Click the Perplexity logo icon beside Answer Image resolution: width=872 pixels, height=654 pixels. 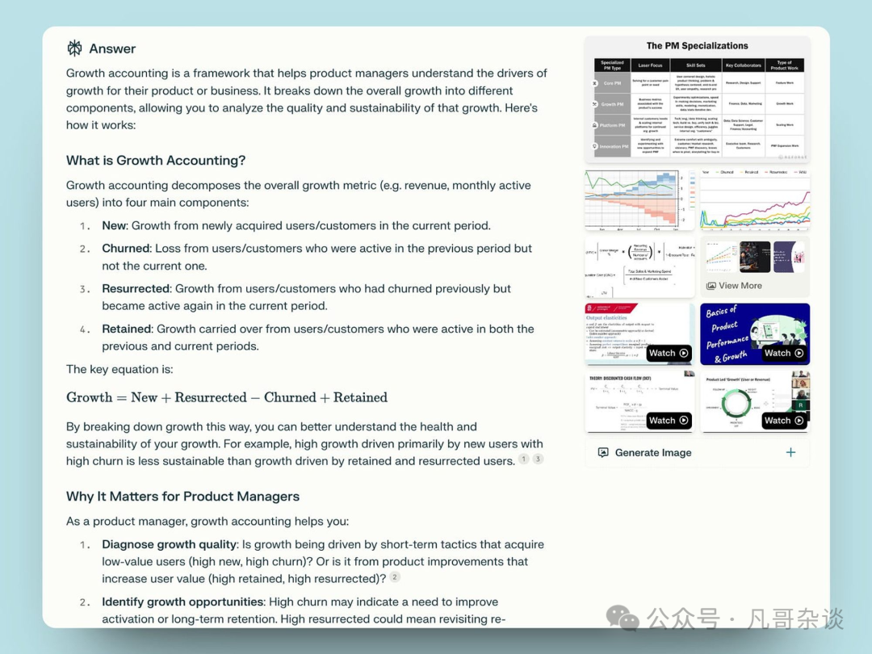point(74,48)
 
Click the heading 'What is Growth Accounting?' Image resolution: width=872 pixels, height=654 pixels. point(156,160)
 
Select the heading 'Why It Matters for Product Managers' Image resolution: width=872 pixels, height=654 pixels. point(182,496)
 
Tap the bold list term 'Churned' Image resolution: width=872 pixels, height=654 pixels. point(126,248)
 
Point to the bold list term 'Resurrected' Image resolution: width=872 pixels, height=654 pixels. point(136,288)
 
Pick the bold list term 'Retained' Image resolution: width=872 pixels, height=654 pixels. point(127,329)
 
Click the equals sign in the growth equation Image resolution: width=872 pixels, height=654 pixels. point(122,397)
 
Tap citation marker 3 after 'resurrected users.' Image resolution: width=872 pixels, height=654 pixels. point(538,459)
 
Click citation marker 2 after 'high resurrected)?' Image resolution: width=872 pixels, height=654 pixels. point(395,576)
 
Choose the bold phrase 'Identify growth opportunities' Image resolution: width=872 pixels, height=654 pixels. point(183,602)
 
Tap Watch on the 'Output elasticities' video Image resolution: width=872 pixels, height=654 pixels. point(669,353)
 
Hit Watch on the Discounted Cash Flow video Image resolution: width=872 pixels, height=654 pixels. point(669,420)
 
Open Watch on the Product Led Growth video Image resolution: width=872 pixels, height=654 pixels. point(784,420)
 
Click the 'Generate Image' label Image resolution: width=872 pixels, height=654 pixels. point(652,453)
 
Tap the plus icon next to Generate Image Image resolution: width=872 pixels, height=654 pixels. point(790,453)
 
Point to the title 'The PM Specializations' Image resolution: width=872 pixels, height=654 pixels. point(697,46)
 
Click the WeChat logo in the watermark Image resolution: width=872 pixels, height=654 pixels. point(623,618)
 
